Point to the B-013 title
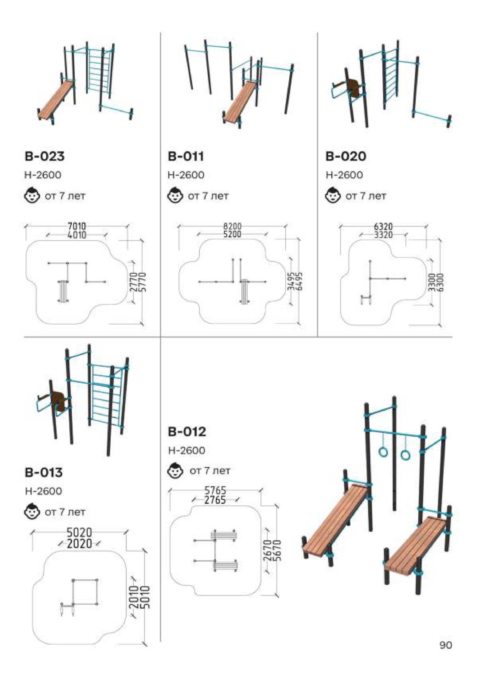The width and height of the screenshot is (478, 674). coord(44,472)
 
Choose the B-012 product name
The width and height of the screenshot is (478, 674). coord(187,432)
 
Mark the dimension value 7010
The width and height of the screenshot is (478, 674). coord(77,226)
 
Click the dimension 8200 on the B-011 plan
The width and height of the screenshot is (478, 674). coord(232,226)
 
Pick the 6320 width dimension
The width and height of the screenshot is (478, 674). coord(383,227)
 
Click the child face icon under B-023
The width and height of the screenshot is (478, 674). coord(32,195)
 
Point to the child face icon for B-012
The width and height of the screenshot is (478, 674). coord(176,471)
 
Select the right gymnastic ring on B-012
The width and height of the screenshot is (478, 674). coord(405,455)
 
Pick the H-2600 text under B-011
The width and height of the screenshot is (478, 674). coord(186,175)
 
